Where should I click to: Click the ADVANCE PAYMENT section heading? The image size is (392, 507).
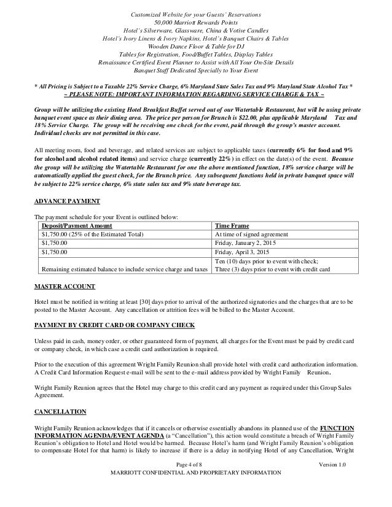[x=65, y=200]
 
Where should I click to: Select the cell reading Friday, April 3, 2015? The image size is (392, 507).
[x=239, y=251]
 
